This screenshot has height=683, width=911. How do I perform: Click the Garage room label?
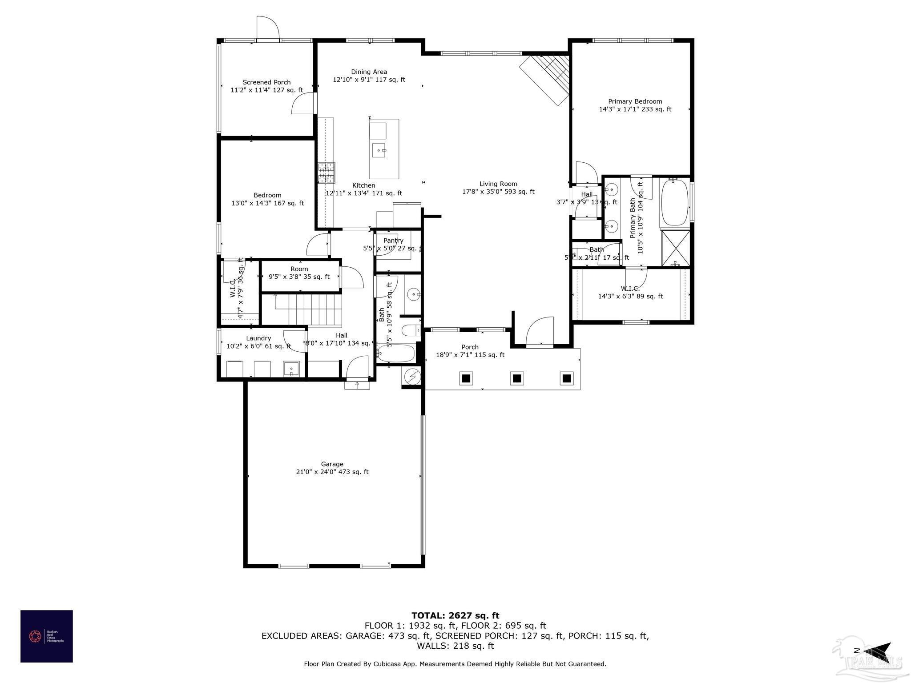(x=332, y=464)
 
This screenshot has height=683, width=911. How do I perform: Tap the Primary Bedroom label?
(x=635, y=101)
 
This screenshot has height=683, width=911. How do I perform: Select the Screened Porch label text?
(x=266, y=82)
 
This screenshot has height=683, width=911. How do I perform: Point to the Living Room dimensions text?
(x=498, y=192)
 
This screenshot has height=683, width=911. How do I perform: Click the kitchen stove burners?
(x=326, y=173)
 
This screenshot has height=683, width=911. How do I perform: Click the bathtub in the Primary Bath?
(x=675, y=204)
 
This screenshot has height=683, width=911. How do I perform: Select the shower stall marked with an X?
(x=676, y=248)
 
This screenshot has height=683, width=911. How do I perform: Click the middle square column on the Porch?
(x=516, y=378)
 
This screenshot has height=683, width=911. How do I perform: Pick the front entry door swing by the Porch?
(x=540, y=331)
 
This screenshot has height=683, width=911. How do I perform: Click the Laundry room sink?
(x=291, y=369)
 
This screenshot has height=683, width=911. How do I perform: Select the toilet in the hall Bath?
(x=411, y=330)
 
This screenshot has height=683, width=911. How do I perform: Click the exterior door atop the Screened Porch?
(x=268, y=28)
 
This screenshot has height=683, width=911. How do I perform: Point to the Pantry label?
(x=393, y=241)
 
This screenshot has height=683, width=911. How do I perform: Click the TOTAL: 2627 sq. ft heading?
(x=455, y=615)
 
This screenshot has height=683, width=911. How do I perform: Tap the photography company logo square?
(x=47, y=636)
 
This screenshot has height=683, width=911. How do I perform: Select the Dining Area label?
(x=369, y=72)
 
